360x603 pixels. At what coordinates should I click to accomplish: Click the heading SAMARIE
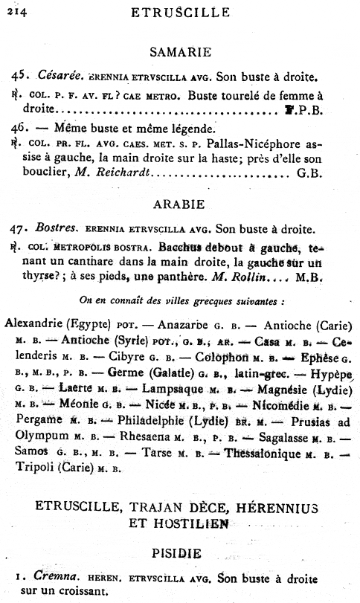pos(181,52)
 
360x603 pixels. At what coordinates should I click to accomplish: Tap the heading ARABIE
pos(181,203)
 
